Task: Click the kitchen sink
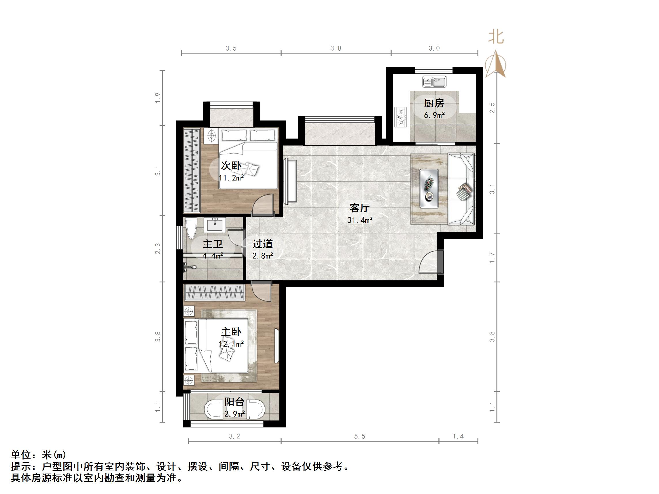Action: [x=434, y=81]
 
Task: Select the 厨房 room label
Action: [x=434, y=103]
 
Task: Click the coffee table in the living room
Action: [x=429, y=189]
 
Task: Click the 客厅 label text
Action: [x=359, y=208]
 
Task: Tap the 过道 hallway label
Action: [x=262, y=244]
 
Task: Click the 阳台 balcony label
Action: [x=234, y=402]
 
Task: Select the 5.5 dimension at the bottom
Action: [x=359, y=436]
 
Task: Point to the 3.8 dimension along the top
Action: [x=336, y=48]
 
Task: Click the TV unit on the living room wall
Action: [x=290, y=181]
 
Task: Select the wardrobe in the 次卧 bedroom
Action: [x=191, y=170]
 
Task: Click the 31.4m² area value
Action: [x=359, y=220]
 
